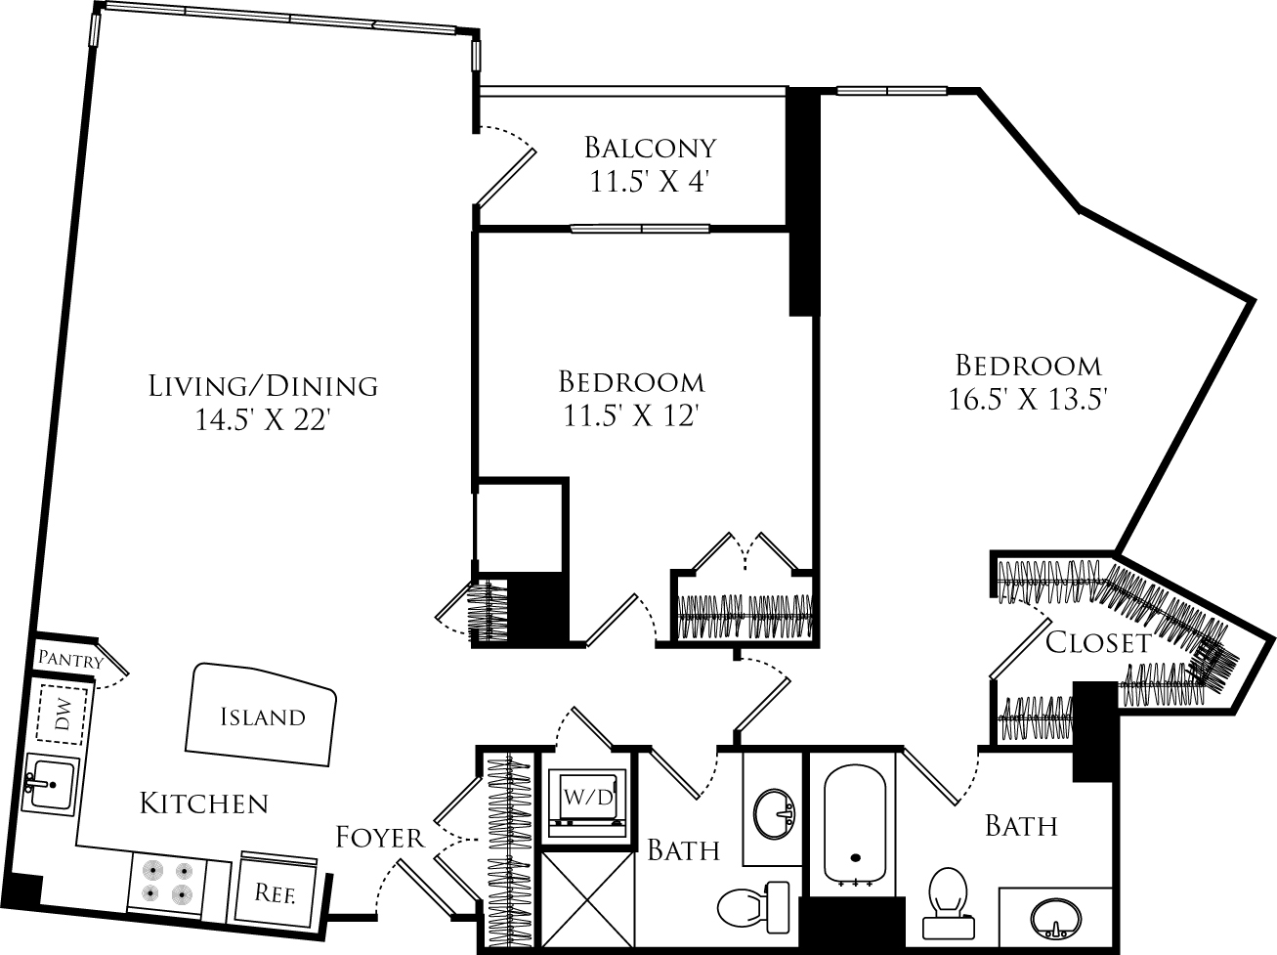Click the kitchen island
[x=261, y=714]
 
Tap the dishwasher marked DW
[x=62, y=714]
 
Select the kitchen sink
[x=49, y=786]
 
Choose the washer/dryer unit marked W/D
[x=588, y=797]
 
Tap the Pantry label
[x=70, y=660]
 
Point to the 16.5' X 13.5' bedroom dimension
[x=1028, y=400]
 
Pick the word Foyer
[x=380, y=838]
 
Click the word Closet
[x=1098, y=642]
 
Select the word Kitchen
[x=204, y=803]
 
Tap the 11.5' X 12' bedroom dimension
[x=630, y=416]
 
